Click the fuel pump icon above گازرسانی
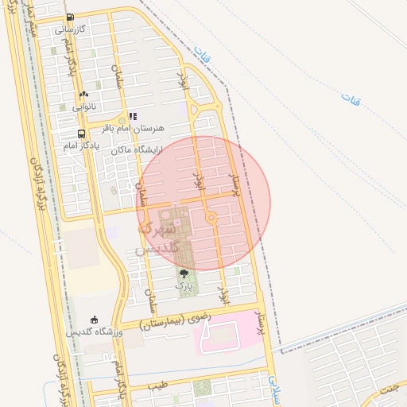70,17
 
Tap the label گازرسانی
69,29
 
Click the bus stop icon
82,134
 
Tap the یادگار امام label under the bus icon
82,146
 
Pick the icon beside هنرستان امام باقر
133,116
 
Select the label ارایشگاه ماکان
136,149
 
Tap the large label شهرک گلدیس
155,238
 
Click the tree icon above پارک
184,273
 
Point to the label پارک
184,285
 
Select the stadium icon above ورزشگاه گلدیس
95,319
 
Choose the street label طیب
158,386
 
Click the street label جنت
389,388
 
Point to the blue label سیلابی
275,389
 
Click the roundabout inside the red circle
211,217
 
